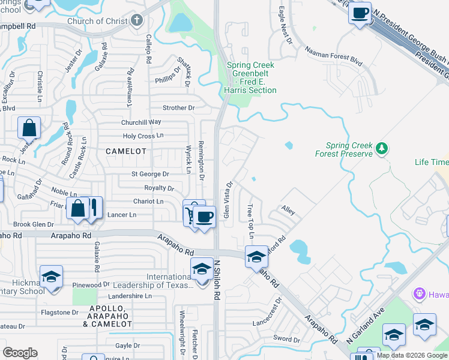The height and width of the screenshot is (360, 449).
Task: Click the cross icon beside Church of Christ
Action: coord(137,21)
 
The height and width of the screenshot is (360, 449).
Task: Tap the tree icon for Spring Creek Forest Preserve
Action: coord(380,148)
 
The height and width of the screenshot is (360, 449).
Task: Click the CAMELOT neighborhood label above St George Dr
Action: coord(126,151)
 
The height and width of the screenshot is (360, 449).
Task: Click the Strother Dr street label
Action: coord(179,108)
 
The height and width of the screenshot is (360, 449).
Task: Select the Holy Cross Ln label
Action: coord(143,136)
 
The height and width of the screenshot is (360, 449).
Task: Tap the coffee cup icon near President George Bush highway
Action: coord(360,13)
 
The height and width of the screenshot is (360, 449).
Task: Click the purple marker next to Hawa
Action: coord(419,295)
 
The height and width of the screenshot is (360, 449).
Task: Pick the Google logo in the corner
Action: coord(20,353)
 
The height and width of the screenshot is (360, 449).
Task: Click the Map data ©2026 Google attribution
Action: coord(412,355)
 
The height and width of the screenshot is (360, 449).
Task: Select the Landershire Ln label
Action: coord(130,296)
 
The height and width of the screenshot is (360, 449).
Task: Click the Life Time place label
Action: coord(431,163)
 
